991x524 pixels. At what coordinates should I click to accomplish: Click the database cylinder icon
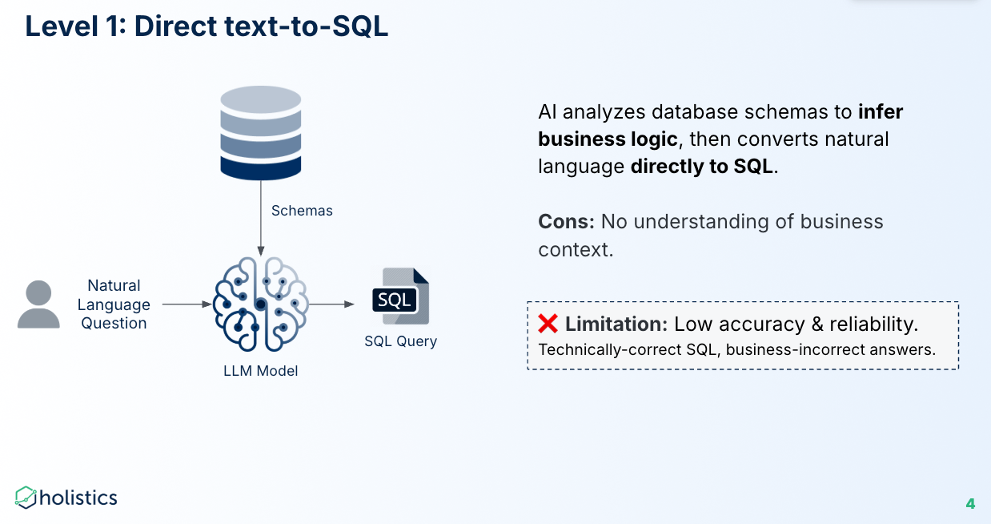[x=260, y=132]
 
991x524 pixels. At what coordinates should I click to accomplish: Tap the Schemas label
[x=302, y=211]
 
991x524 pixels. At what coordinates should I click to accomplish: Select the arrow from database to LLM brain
[x=260, y=224]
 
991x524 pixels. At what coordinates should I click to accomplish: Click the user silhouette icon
[x=38, y=304]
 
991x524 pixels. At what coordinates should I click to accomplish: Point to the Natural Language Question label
[x=114, y=304]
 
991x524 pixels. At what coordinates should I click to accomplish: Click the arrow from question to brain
[x=187, y=304]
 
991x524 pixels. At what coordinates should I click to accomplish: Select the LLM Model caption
[x=260, y=371]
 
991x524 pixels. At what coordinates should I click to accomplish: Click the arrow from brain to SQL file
[x=331, y=304]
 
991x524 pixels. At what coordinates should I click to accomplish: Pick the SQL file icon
[x=400, y=300]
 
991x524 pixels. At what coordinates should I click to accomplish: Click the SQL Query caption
[x=400, y=341]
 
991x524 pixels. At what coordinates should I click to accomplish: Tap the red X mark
[x=548, y=324]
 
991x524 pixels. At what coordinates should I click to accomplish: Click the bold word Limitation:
[x=616, y=324]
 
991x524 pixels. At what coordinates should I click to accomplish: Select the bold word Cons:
[x=566, y=221]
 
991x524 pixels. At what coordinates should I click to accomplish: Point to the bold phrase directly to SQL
[x=702, y=167]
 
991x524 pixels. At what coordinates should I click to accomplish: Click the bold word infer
[x=881, y=111]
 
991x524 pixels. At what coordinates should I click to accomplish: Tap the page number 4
[x=970, y=504]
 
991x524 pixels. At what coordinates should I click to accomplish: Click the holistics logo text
[x=78, y=498]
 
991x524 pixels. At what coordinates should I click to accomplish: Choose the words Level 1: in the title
[x=75, y=26]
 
